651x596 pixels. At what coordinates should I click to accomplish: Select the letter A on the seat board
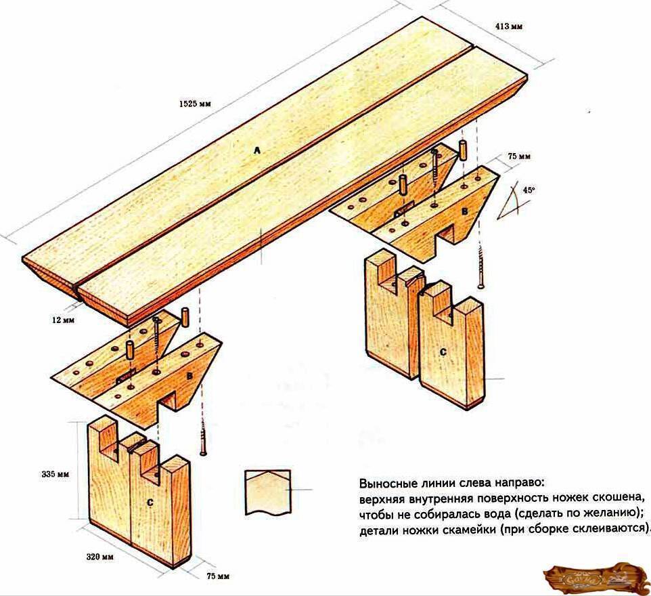tap(256, 152)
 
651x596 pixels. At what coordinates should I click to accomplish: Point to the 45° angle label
tap(528, 191)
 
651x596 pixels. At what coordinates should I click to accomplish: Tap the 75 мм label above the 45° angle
tap(518, 156)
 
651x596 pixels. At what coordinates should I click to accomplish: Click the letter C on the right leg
tap(443, 352)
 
